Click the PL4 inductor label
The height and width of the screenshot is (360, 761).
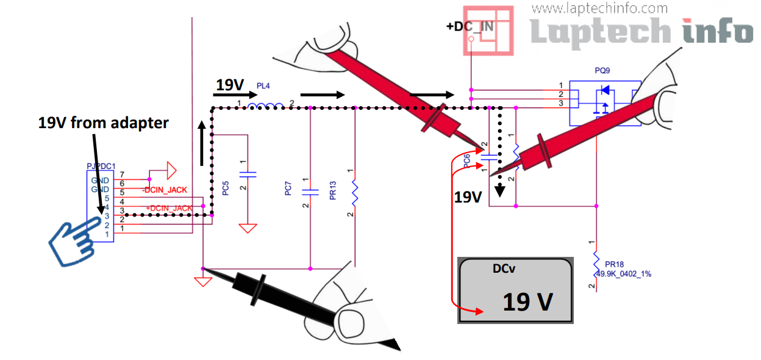pyautogui.click(x=263, y=87)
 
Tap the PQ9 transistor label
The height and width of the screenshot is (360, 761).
pyautogui.click(x=602, y=71)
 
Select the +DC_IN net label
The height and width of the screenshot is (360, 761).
pyautogui.click(x=470, y=27)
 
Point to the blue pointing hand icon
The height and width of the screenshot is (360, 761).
pyautogui.click(x=74, y=240)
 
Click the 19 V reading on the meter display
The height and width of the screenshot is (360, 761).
pyautogui.click(x=527, y=301)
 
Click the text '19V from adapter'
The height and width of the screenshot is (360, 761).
pyautogui.click(x=103, y=123)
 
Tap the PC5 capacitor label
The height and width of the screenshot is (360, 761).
pyautogui.click(x=226, y=189)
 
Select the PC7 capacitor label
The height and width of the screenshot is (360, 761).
pyautogui.click(x=288, y=189)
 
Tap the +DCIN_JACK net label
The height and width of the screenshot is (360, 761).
pyautogui.click(x=169, y=209)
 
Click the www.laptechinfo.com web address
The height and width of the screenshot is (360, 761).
pyautogui.click(x=599, y=9)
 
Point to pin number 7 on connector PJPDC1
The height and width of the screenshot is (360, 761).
pyautogui.click(x=122, y=175)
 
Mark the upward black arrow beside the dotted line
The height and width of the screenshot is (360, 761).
pyautogui.click(x=201, y=143)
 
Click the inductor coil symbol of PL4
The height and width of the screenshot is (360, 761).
pyautogui.click(x=265, y=107)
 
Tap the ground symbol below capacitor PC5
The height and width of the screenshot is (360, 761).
pyautogui.click(x=248, y=229)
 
